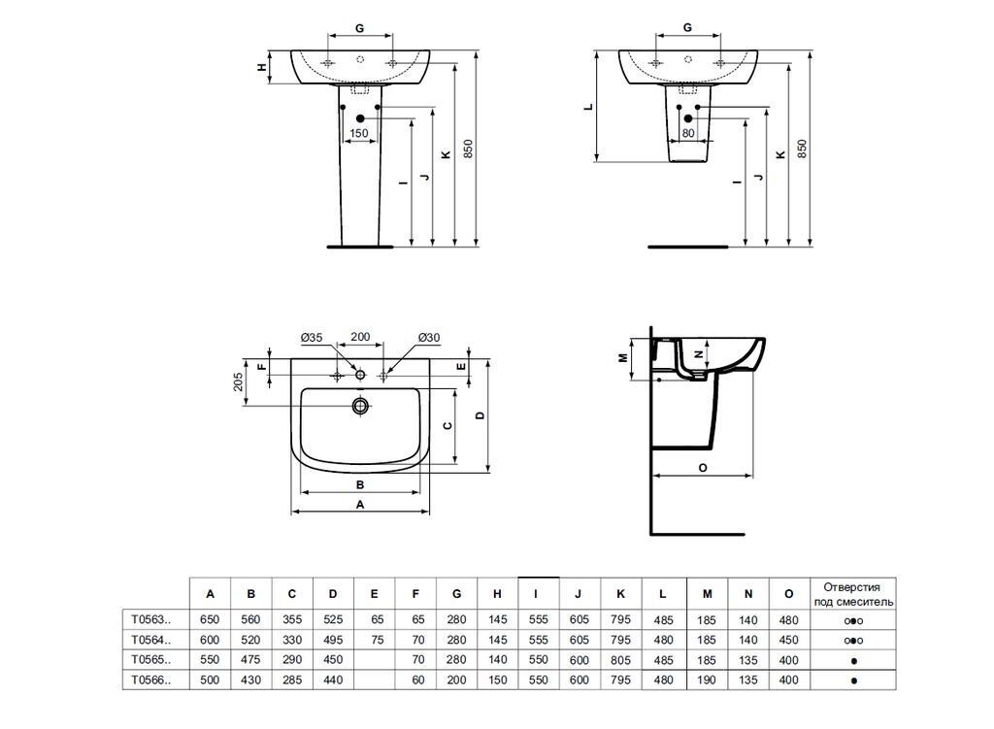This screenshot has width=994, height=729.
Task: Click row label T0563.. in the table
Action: (150, 619)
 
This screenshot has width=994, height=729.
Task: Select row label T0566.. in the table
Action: (150, 680)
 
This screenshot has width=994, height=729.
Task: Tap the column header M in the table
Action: (707, 594)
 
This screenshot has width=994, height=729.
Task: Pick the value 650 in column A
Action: (210, 619)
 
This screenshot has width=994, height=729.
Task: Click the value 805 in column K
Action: (621, 660)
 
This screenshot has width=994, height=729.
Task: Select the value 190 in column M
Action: (707, 680)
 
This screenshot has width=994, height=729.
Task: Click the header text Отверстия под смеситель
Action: (851, 594)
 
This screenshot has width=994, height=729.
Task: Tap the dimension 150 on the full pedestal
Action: (358, 133)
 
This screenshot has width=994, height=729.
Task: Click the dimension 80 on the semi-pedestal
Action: (687, 133)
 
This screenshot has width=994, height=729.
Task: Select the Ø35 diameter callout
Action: (311, 337)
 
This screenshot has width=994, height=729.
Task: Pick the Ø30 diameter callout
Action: (428, 337)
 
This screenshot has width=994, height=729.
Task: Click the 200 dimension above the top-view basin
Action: (360, 337)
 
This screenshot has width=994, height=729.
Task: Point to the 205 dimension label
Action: (239, 381)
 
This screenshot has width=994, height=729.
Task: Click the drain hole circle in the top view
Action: (360, 406)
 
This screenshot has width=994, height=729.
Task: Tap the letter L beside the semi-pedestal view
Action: (588, 107)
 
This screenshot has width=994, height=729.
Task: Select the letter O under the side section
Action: (702, 467)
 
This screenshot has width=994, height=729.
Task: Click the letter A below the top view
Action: (360, 505)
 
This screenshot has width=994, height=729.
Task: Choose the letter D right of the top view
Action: (480, 415)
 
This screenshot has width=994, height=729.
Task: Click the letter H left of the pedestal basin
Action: (261, 67)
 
